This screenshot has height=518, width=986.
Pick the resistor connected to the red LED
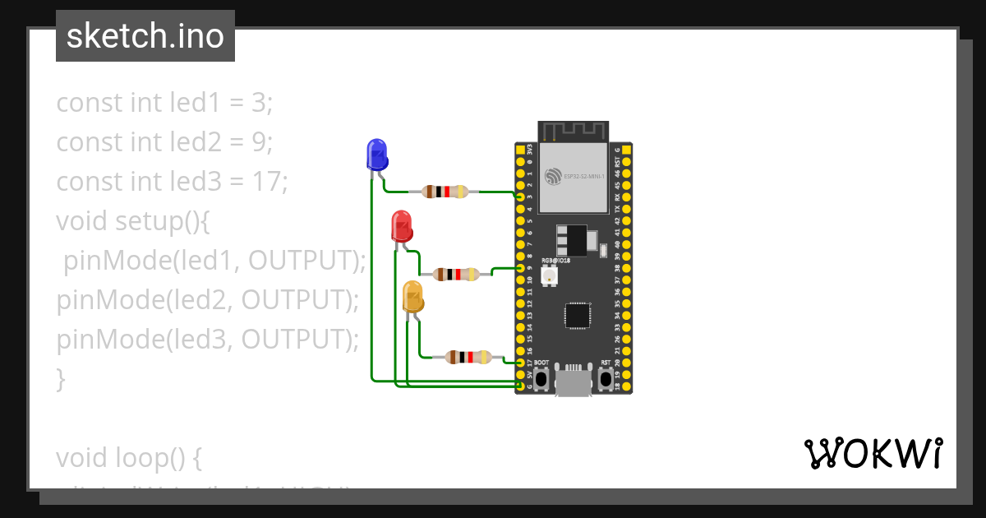click(x=456, y=274)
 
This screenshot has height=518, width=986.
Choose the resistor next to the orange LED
click(x=468, y=357)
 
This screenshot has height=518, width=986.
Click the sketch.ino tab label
click(x=145, y=36)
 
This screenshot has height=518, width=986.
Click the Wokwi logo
click(x=873, y=453)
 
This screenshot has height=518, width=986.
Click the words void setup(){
click(x=134, y=221)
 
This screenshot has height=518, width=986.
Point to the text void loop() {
click(x=129, y=457)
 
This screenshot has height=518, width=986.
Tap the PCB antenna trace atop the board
click(x=574, y=131)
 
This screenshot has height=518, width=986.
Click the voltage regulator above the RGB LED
click(x=570, y=240)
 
